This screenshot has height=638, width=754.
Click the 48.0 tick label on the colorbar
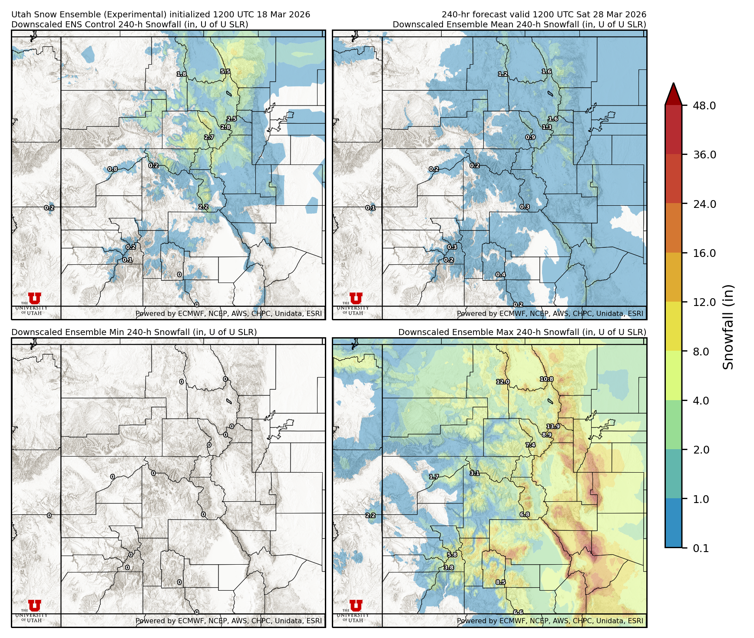(704, 105)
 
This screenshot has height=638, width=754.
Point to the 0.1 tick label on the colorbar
(701, 548)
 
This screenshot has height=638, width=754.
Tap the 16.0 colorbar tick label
(704, 253)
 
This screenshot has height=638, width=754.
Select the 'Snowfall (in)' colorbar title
(728, 327)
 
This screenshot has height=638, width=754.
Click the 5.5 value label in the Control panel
(225, 72)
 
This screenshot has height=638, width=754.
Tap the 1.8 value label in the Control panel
(182, 74)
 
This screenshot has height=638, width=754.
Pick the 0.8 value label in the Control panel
(112, 169)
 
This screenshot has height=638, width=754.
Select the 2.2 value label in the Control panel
(203, 207)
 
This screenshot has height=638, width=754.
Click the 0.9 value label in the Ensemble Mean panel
(530, 137)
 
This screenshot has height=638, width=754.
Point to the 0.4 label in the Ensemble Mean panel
(501, 275)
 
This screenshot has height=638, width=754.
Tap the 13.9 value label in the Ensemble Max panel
(553, 426)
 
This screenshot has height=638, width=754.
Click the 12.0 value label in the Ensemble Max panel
(503, 381)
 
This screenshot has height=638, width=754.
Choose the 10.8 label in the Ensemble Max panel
(546, 379)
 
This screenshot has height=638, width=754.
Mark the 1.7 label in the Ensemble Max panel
(434, 477)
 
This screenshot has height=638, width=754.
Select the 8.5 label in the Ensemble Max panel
(501, 582)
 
